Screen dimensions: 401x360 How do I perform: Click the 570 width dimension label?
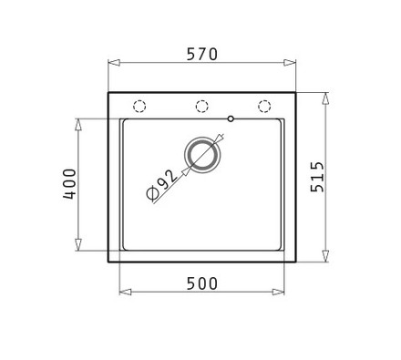click(x=202, y=55)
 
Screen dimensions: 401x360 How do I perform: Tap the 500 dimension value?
click(x=202, y=283)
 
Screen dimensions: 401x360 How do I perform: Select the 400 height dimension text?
click(x=69, y=184)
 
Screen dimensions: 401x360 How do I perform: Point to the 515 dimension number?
click(x=317, y=177)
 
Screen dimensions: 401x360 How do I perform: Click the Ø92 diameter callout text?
click(x=161, y=185)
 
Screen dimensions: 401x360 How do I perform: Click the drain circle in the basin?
click(x=202, y=155)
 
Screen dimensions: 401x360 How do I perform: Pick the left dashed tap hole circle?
click(x=139, y=107)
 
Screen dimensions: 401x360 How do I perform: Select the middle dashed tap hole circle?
click(x=201, y=107)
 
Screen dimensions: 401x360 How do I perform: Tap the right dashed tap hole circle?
click(x=264, y=107)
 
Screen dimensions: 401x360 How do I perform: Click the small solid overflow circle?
click(x=231, y=118)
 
